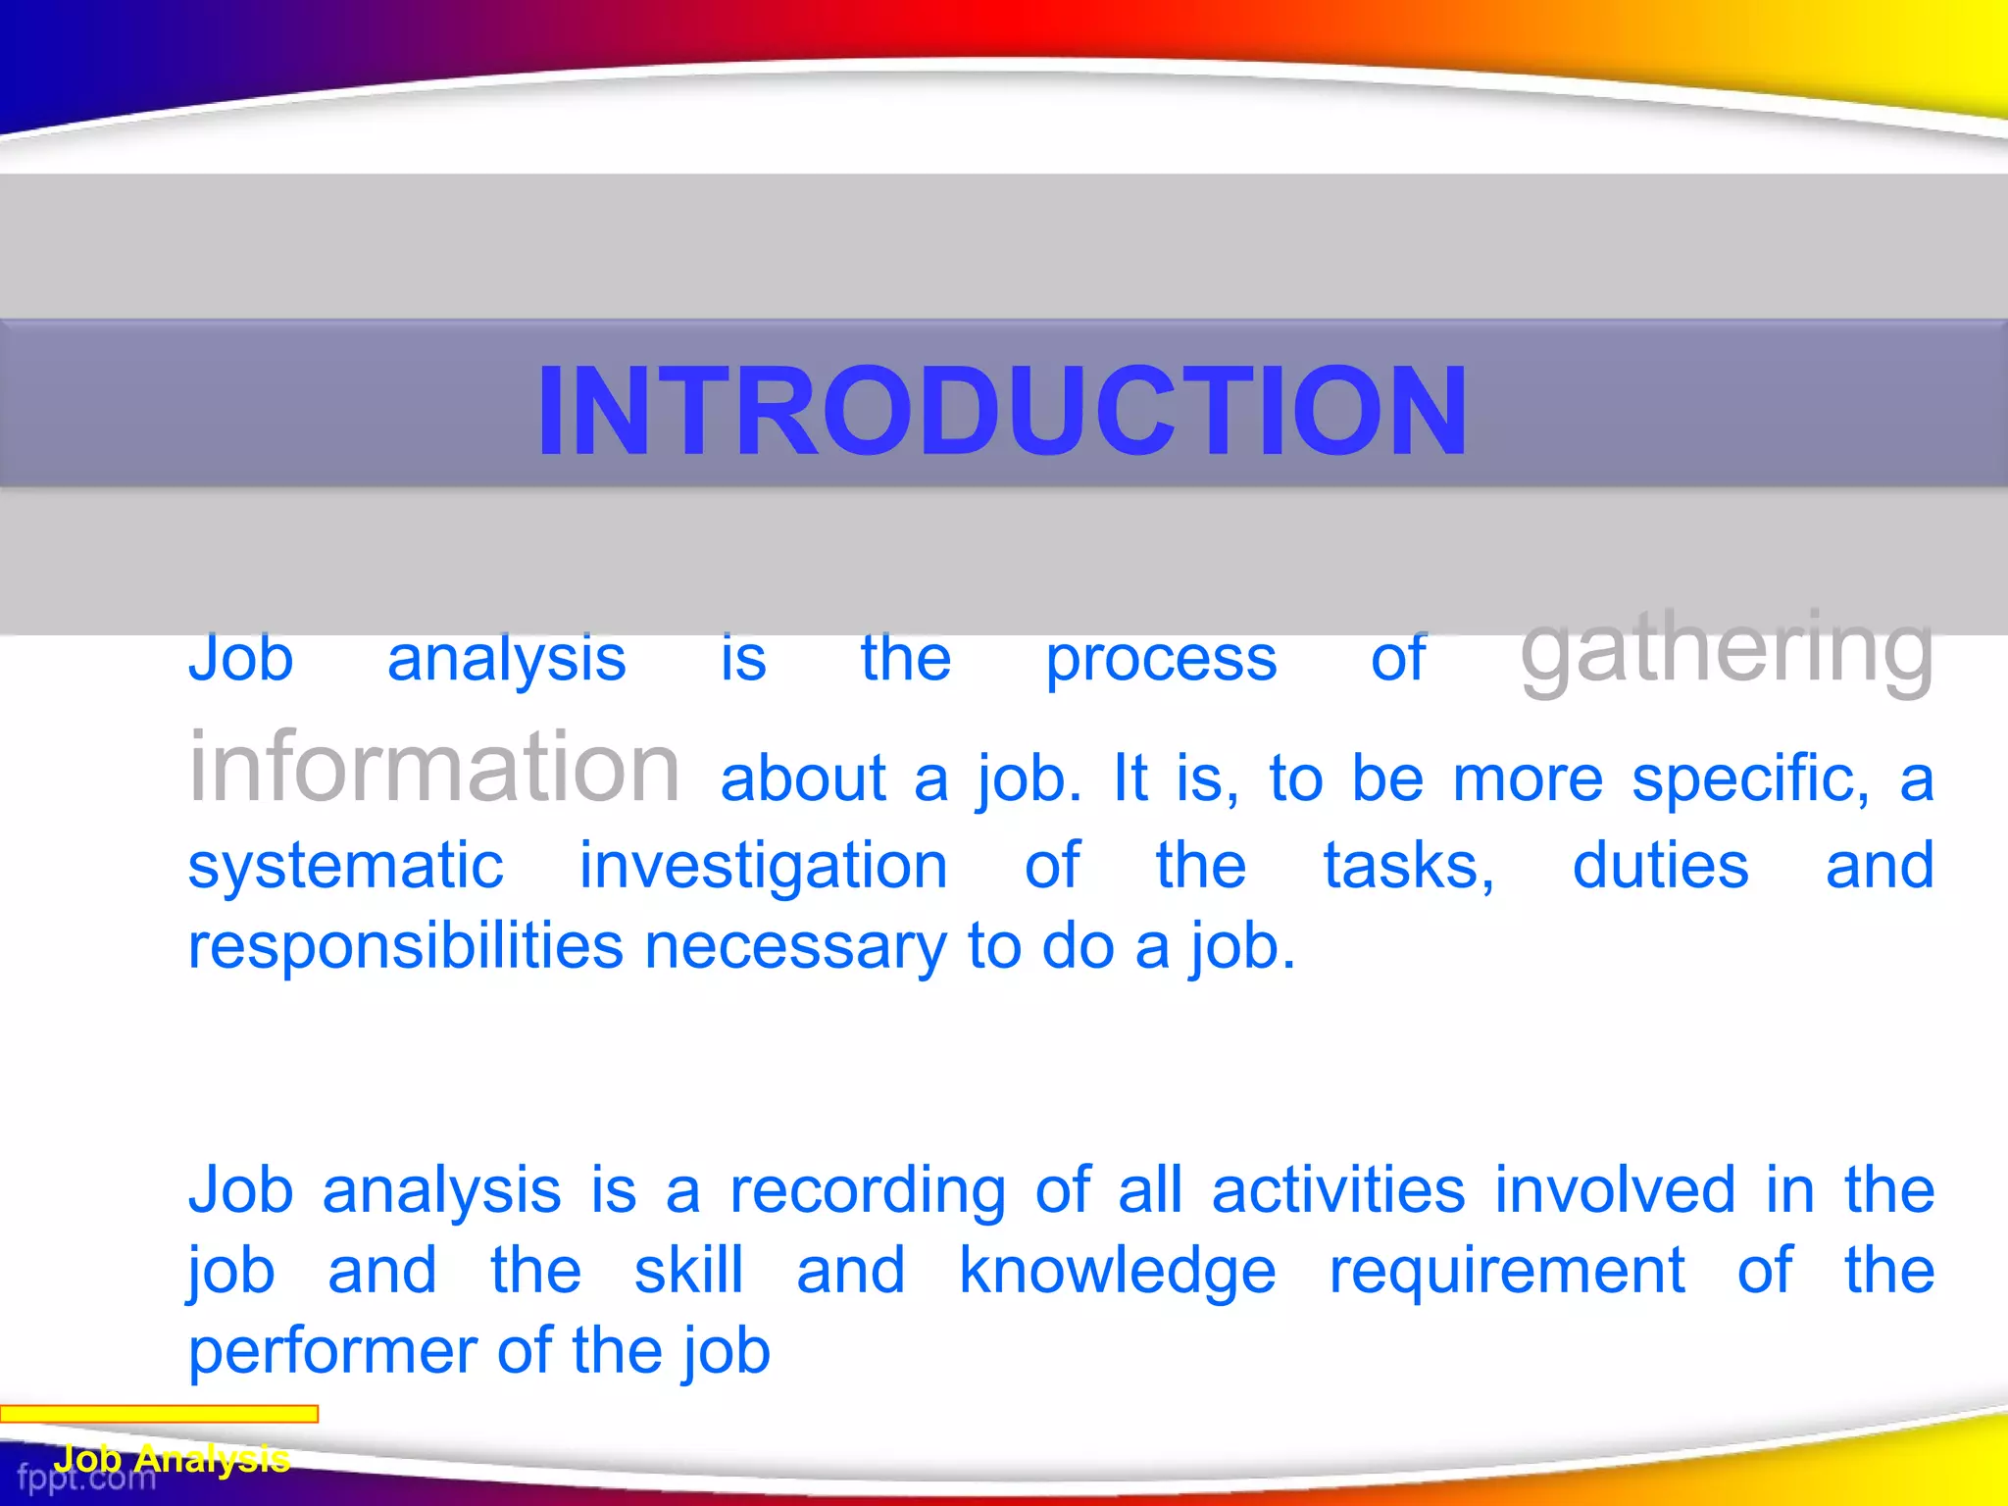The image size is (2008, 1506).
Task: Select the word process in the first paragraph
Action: click(1161, 660)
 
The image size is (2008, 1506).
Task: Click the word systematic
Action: click(345, 867)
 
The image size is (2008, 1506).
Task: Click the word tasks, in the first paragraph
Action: click(1409, 867)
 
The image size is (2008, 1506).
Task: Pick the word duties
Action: click(1660, 867)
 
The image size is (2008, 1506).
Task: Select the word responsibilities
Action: click(405, 947)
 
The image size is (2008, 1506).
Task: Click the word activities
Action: click(1338, 1190)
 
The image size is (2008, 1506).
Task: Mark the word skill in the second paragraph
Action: click(688, 1271)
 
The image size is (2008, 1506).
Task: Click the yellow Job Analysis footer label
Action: click(172, 1459)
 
